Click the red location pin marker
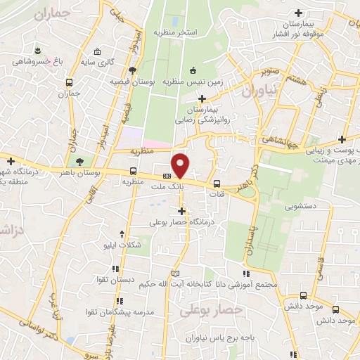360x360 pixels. (181, 165)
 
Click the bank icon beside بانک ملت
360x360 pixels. (167, 176)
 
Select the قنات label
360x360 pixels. (217, 195)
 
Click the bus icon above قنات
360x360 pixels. (217, 184)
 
